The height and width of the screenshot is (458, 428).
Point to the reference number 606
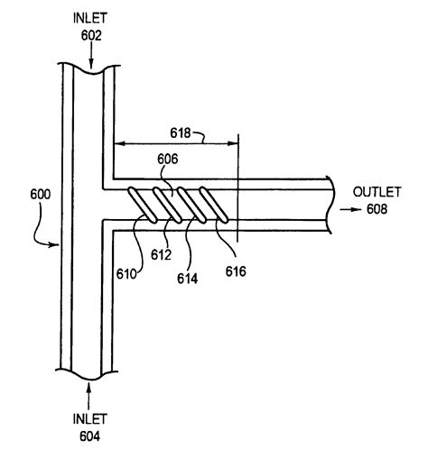click(169, 158)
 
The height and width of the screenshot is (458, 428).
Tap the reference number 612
click(161, 255)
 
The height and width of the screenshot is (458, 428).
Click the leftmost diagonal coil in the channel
click(141, 203)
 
